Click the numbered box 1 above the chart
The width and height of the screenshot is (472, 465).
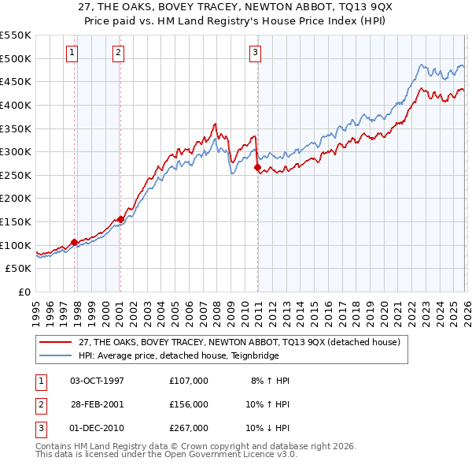pyautogui.click(x=72, y=53)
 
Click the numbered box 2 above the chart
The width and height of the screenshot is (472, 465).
pyautogui.click(x=118, y=53)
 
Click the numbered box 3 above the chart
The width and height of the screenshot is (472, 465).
pyautogui.click(x=256, y=53)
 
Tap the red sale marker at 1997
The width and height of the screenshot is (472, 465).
pyautogui.click(x=74, y=242)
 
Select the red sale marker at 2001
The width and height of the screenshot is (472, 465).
pyautogui.click(x=120, y=219)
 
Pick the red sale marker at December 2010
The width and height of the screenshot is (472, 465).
pyautogui.click(x=257, y=167)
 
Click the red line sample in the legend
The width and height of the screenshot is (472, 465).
pyautogui.click(x=56, y=342)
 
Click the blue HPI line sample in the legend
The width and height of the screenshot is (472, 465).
pyautogui.click(x=56, y=355)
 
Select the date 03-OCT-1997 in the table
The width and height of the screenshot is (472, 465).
pyautogui.click(x=97, y=381)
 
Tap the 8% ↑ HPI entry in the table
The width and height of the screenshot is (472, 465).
pyautogui.click(x=271, y=381)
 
